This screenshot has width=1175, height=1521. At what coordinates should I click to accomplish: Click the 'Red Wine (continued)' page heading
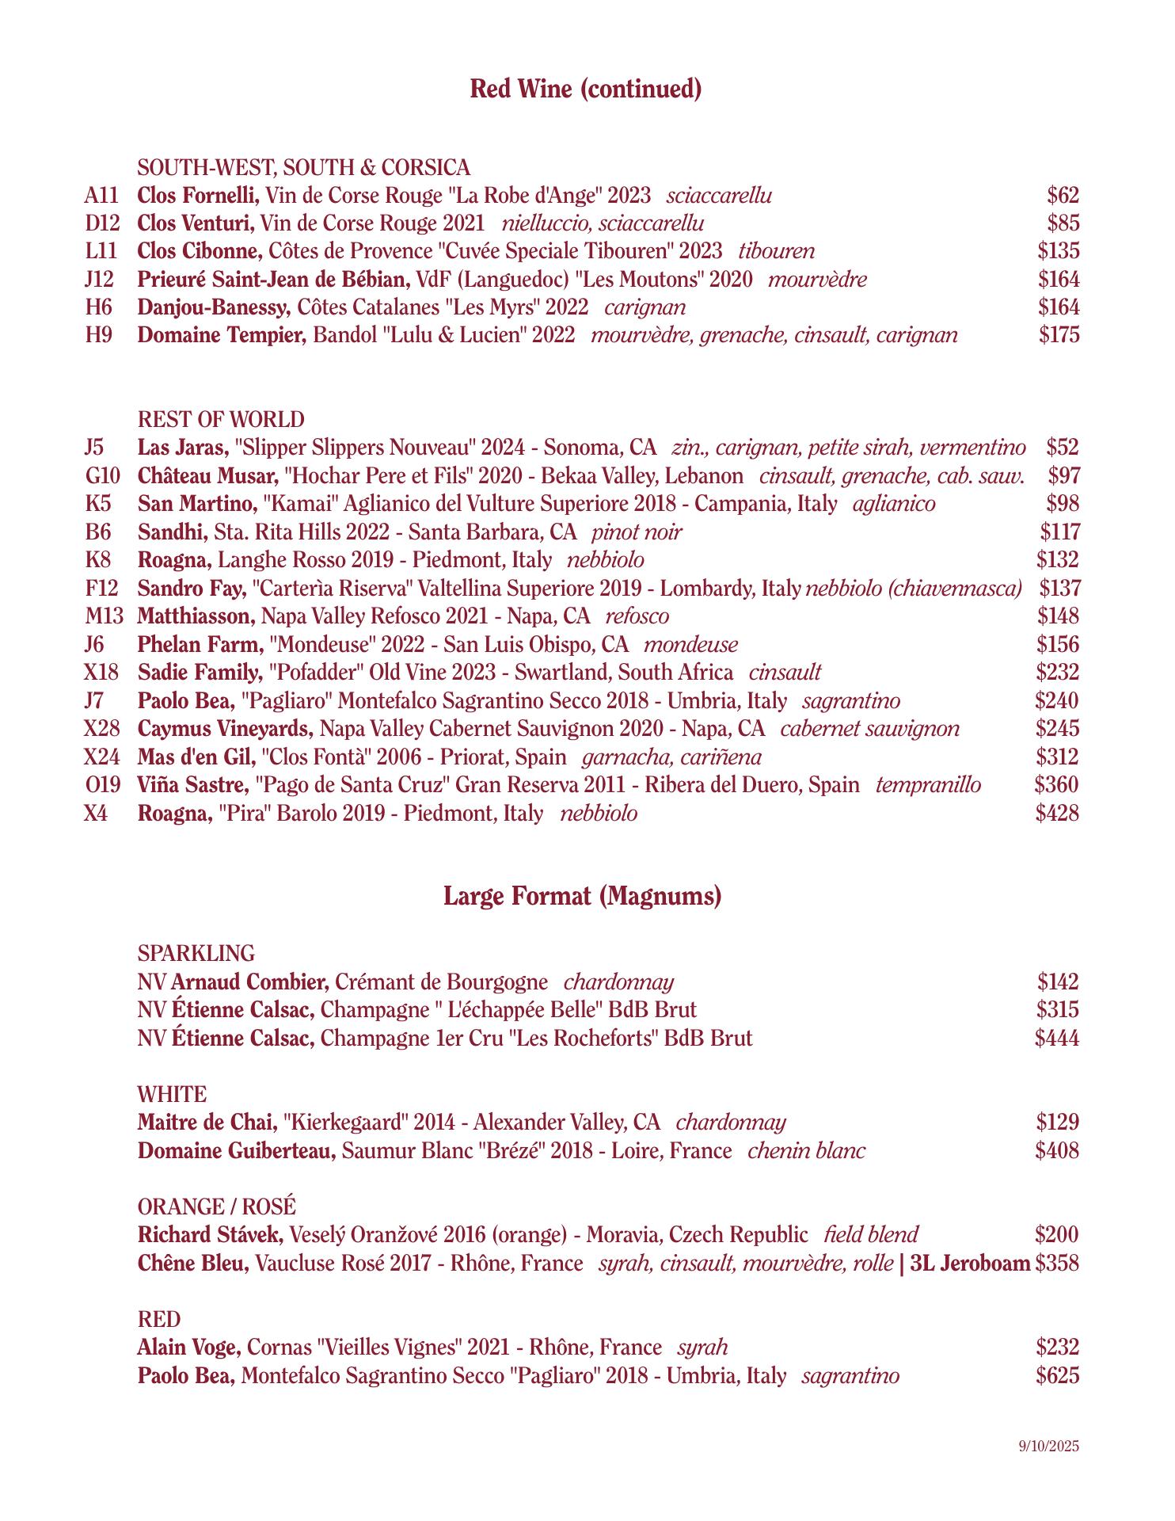click(586, 89)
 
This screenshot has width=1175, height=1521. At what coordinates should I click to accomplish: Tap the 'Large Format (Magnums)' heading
click(583, 897)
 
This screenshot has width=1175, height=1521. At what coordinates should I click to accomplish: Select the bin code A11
click(101, 196)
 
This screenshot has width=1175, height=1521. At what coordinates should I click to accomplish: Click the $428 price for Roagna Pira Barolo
click(1057, 814)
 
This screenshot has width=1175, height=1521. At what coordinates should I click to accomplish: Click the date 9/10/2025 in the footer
click(1049, 1446)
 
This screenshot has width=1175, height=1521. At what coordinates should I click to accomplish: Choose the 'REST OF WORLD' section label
click(221, 419)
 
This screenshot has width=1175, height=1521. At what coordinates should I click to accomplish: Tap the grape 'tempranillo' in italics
click(928, 785)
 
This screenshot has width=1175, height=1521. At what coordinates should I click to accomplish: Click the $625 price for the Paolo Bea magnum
click(1057, 1376)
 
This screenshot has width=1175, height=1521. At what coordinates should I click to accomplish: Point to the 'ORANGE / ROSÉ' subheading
click(216, 1207)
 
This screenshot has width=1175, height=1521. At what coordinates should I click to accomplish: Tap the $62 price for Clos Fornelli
click(1063, 196)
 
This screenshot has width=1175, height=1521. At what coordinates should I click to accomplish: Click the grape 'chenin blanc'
click(806, 1151)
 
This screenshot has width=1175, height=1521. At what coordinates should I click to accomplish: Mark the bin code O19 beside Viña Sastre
click(102, 785)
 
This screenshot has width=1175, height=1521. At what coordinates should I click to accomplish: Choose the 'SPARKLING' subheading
click(196, 953)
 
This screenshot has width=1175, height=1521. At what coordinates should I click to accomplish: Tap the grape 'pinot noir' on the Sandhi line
click(637, 532)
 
